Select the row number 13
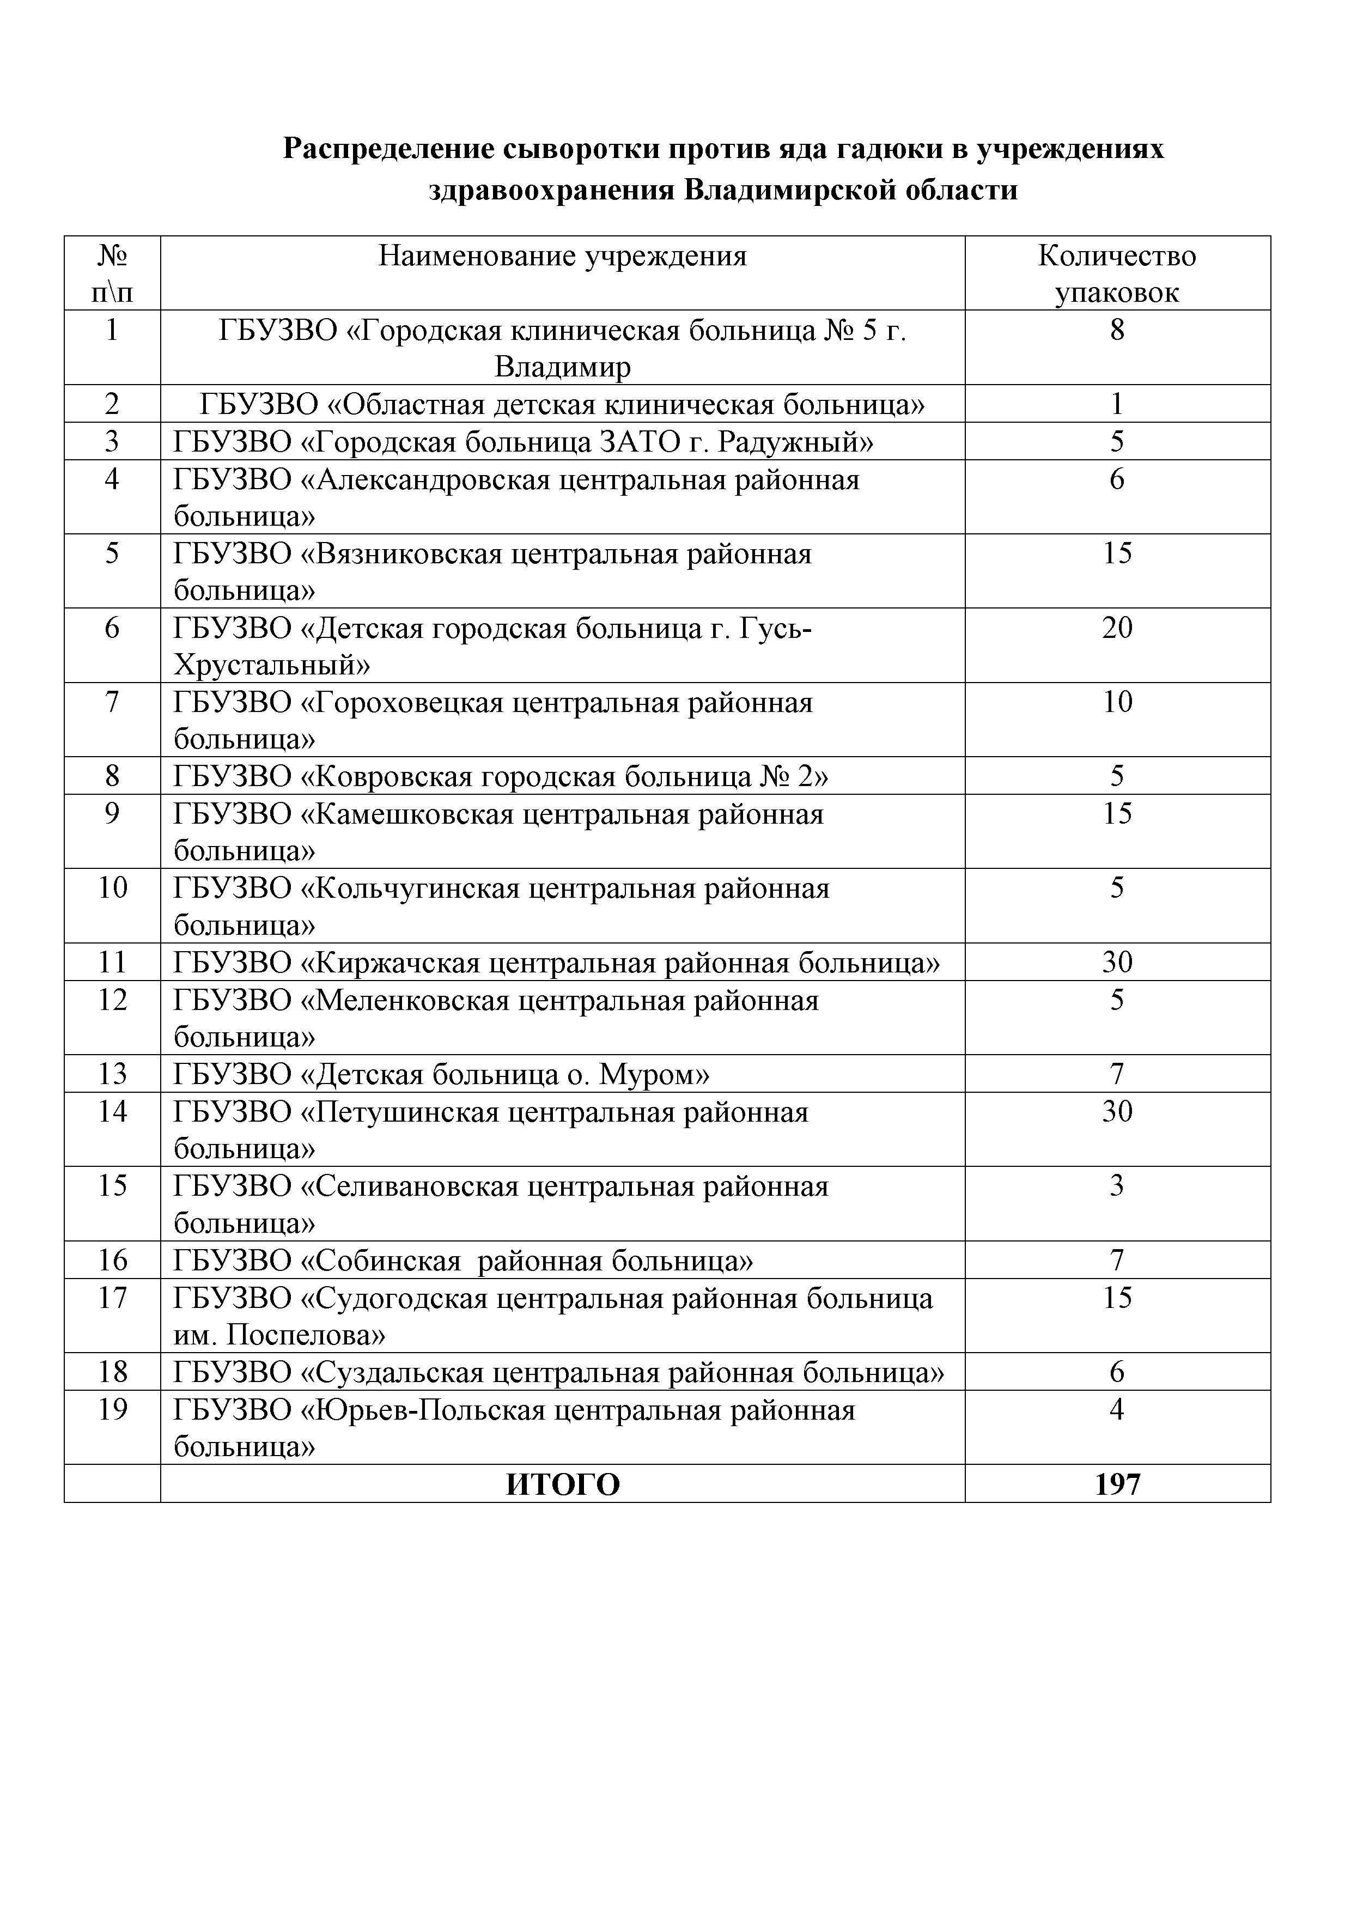112,1074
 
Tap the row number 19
112,1410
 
